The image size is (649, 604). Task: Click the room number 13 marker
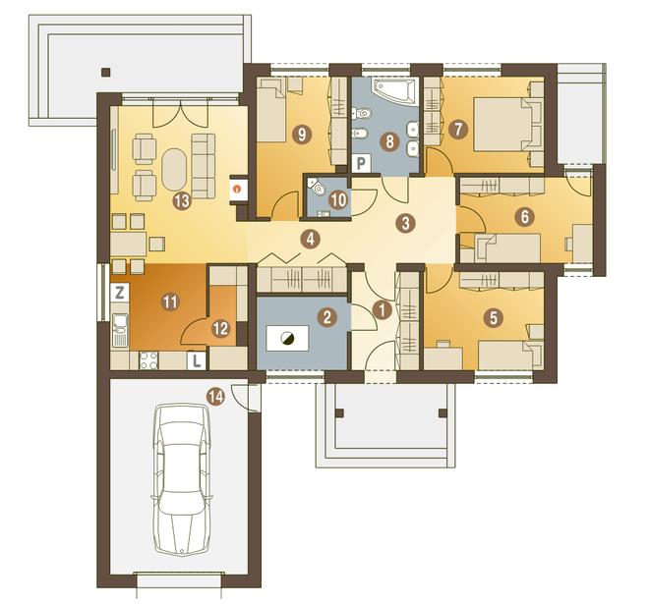tap(182, 201)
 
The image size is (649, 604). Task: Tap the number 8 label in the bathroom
tap(389, 141)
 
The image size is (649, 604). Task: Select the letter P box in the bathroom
tap(361, 164)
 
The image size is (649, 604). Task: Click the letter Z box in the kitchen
tap(120, 293)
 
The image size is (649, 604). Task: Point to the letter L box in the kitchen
tap(197, 360)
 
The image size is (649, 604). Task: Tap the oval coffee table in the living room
tap(174, 170)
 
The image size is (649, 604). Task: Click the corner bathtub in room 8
tap(393, 90)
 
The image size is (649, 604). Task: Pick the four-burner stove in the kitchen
tap(148, 360)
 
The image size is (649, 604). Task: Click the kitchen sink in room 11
tap(120, 330)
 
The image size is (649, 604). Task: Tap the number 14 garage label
tap(215, 398)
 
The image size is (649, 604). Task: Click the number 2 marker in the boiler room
tap(326, 317)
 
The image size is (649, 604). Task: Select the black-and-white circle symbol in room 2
tap(287, 339)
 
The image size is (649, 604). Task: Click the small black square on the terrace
tap(106, 73)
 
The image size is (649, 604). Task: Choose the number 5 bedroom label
tap(493, 318)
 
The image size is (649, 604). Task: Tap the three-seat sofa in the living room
tap(204, 166)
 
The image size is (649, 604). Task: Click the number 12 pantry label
tap(220, 329)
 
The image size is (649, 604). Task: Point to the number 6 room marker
tap(524, 217)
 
